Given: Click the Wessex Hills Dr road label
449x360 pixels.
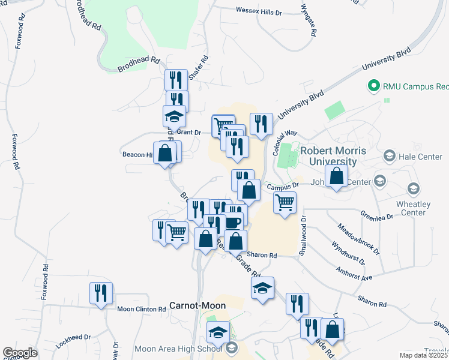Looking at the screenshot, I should pos(250,11).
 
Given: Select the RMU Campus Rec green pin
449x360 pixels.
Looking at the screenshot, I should pos(373,86).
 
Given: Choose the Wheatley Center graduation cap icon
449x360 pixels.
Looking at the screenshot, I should pos(413,190).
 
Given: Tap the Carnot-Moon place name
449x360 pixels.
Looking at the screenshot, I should pos(197,305).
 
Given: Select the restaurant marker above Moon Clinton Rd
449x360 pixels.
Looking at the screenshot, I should pos(100,293).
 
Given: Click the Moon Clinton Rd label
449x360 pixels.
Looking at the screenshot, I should pos(141,309).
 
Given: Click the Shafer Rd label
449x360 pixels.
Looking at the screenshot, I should pos(199,68).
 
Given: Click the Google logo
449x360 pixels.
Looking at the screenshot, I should pos(20,353).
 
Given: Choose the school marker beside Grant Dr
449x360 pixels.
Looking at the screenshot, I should pos(174,116).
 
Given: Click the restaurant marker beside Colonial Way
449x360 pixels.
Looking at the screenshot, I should pos(261,124).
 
